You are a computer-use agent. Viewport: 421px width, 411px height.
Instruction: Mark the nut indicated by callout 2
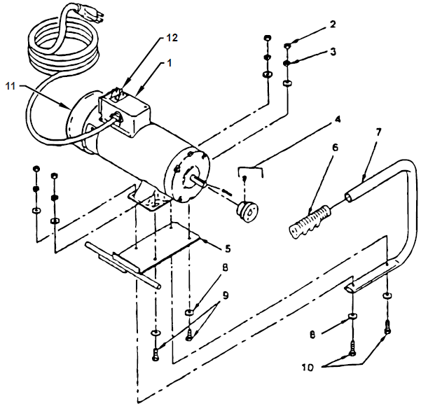287,47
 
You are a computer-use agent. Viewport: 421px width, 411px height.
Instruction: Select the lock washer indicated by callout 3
287,64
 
